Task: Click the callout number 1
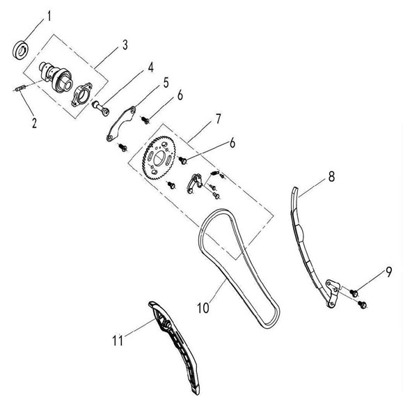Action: pos(49,16)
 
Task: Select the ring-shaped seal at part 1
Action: pos(21,49)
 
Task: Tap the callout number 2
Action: pos(34,123)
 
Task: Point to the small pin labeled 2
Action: pos(20,88)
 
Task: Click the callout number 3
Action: pos(125,45)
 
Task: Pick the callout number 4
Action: pos(150,68)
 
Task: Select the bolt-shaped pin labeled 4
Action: pos(101,109)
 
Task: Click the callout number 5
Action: pos(166,83)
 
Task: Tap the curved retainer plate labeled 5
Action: pos(121,124)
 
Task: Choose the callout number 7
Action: pos(218,119)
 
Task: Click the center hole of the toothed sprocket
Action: pos(159,158)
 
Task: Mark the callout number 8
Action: pos(331,177)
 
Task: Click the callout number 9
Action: pos(388,272)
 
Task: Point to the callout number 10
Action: pos(203,308)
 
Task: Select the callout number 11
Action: pos(118,341)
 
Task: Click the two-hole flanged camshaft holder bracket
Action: pos(81,95)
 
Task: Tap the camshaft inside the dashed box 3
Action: pos(55,77)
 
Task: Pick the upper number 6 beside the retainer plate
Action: pos(180,95)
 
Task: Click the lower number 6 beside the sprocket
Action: pos(232,143)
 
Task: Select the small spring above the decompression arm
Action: pos(214,173)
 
